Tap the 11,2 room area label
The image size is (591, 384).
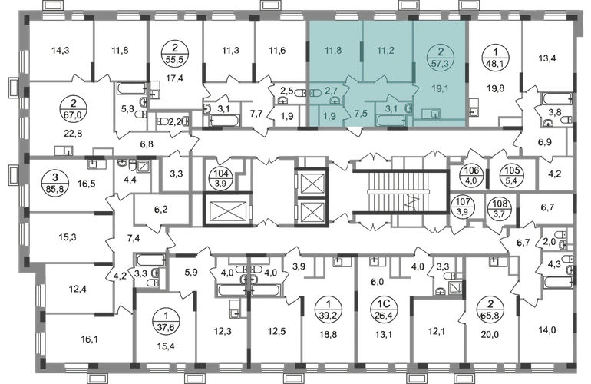[385, 53]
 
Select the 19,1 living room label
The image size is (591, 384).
[440, 88]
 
